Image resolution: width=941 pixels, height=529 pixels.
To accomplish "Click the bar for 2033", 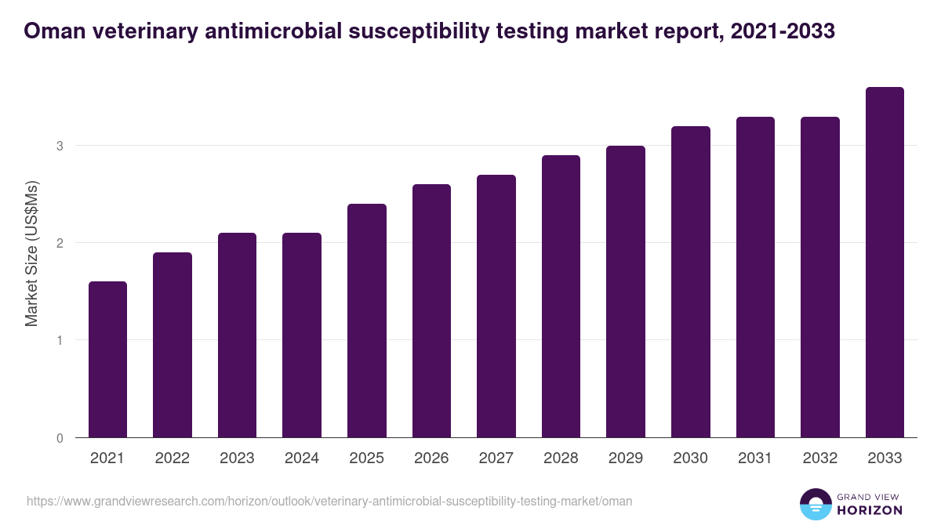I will pyautogui.click(x=885, y=263).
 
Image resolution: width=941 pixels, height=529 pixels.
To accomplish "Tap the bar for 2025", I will pyautogui.click(x=366, y=321).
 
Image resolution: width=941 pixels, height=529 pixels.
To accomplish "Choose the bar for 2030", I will pyautogui.click(x=690, y=282).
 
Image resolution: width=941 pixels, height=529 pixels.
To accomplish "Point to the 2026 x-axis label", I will pyautogui.click(x=431, y=458).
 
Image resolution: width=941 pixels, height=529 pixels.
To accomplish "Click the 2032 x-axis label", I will pyautogui.click(x=820, y=458).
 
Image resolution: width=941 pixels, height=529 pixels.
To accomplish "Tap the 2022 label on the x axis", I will pyautogui.click(x=172, y=458).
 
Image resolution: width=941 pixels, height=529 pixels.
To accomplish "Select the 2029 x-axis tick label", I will pyautogui.click(x=626, y=458).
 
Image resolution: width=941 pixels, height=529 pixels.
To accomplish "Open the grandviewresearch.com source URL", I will pyautogui.click(x=329, y=501).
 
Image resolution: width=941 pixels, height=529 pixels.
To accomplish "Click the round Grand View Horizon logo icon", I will pyautogui.click(x=816, y=504).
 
